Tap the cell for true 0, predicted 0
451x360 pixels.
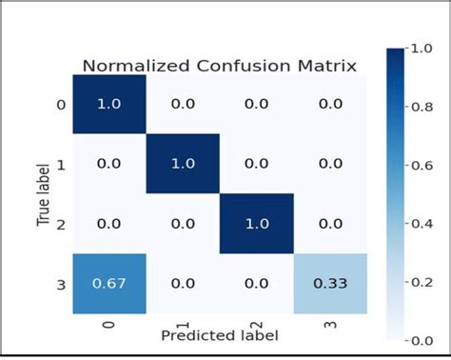pos(109,105)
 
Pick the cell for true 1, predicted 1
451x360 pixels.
pos(182,163)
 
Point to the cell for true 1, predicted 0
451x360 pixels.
pos(109,163)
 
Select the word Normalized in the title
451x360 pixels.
pos(127,67)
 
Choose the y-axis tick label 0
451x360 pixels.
pos(61,105)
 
